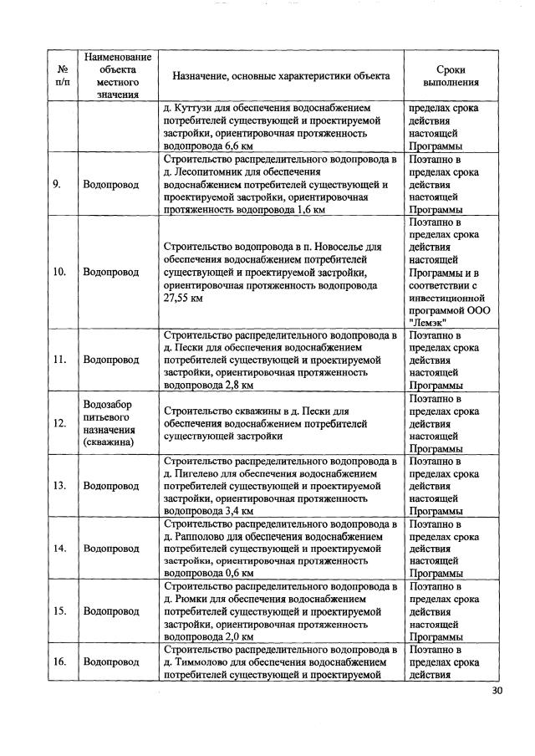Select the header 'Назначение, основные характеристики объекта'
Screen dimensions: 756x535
(281, 76)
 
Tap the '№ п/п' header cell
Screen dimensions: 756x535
(62, 76)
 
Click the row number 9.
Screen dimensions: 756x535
(59, 185)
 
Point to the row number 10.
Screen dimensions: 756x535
(60, 272)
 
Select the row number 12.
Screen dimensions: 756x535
(60, 423)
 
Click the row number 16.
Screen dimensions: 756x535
(60, 661)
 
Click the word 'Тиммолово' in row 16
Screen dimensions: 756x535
(206, 661)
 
